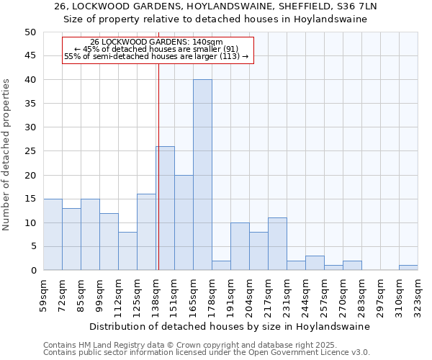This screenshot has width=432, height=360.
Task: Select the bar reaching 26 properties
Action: pyautogui.click(x=165, y=208)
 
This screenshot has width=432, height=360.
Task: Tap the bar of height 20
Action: pyautogui.click(x=184, y=222)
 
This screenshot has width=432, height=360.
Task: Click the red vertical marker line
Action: pyautogui.click(x=158, y=166)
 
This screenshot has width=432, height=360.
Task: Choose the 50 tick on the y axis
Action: pyautogui.click(x=30, y=32)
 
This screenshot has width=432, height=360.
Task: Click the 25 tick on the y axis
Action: pyautogui.click(x=30, y=151)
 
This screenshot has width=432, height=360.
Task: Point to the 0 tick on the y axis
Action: pyautogui.click(x=32, y=271)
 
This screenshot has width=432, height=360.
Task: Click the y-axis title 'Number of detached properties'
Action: pyautogui.click(x=7, y=155)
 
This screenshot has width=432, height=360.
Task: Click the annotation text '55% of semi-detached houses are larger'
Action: pyautogui.click(x=156, y=56)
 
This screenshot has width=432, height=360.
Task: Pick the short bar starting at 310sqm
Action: pyautogui.click(x=408, y=268)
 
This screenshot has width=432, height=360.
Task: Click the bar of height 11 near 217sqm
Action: pyautogui.click(x=277, y=244)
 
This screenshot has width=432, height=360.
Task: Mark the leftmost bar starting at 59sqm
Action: pyautogui.click(x=53, y=235)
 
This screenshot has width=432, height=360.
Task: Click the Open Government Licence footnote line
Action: pyautogui.click(x=207, y=353)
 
